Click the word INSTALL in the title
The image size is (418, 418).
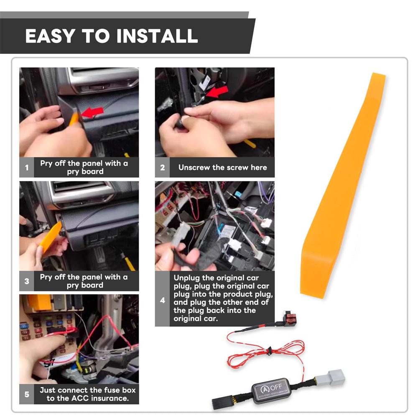pyautogui.click(x=157, y=36)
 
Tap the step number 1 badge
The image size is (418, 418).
pyautogui.click(x=27, y=168)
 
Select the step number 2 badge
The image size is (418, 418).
pyautogui.click(x=163, y=168)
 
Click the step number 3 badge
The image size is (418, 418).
pyautogui.click(x=27, y=281)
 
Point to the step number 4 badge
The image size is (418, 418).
pyautogui.click(x=163, y=299)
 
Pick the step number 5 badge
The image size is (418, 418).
pyautogui.click(x=27, y=394)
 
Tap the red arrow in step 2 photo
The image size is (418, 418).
pyautogui.click(x=218, y=91)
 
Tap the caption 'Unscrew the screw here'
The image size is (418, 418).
pyautogui.click(x=222, y=168)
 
